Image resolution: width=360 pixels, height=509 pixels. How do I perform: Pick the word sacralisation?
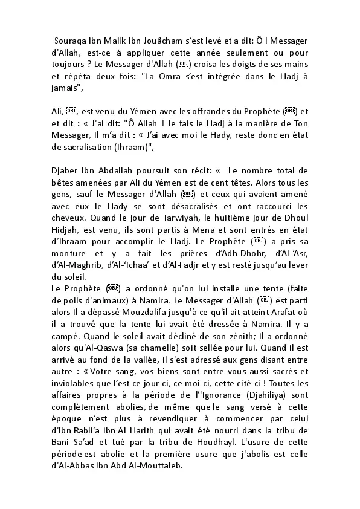(x=92, y=147)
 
